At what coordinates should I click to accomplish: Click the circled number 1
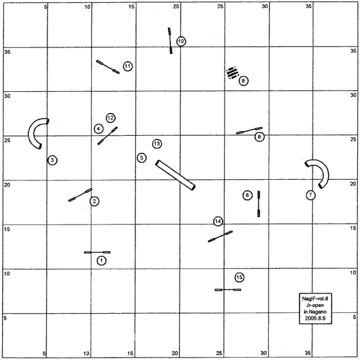pyautogui.click(x=102, y=261)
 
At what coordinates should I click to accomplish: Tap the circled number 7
pyautogui.click(x=311, y=195)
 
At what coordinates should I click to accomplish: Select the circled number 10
pyautogui.click(x=181, y=41)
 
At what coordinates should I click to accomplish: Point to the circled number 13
pyautogui.click(x=157, y=144)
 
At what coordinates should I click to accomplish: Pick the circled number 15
pyautogui.click(x=240, y=277)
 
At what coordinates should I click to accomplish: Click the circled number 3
pyautogui.click(x=53, y=160)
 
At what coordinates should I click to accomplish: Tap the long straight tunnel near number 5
pyautogui.click(x=175, y=176)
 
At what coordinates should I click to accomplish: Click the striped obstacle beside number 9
pyautogui.click(x=232, y=72)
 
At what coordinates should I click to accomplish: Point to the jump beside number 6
pyautogui.click(x=258, y=203)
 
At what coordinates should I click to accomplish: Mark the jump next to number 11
pyautogui.click(x=108, y=67)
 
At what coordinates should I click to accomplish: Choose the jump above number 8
pyautogui.click(x=249, y=130)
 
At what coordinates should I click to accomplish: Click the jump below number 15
pyautogui.click(x=228, y=289)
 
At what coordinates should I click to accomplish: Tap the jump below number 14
pyautogui.click(x=220, y=237)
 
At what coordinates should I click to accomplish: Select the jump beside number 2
pyautogui.click(x=81, y=195)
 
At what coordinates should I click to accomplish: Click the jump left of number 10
pyautogui.click(x=170, y=41)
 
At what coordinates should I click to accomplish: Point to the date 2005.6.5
pyautogui.click(x=315, y=318)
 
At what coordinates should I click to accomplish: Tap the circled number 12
pyautogui.click(x=110, y=118)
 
